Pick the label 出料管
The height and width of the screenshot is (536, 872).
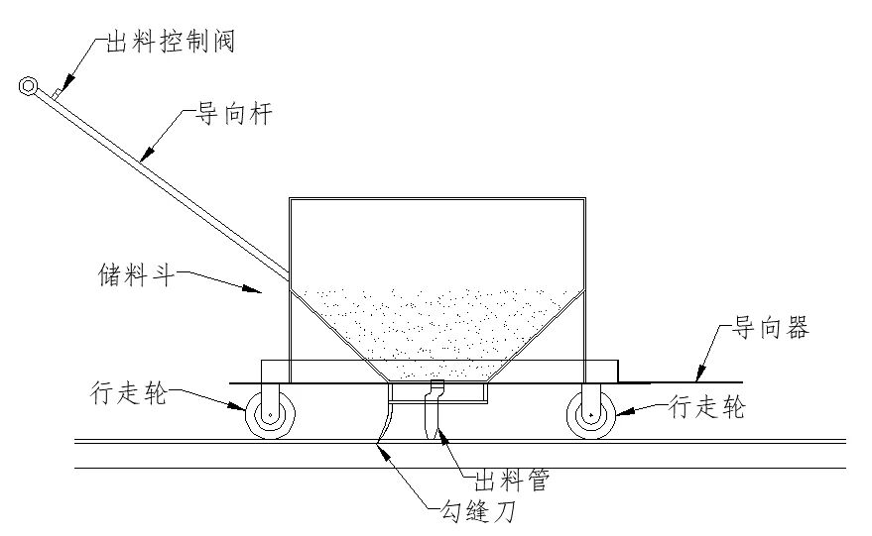pos(512,482)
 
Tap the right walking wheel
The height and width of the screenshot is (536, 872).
pos(590,414)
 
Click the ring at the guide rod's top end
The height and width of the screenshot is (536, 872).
pos(28,87)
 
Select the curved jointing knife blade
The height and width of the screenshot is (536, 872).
pos(384,421)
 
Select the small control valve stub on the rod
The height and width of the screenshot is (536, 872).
pos(60,91)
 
